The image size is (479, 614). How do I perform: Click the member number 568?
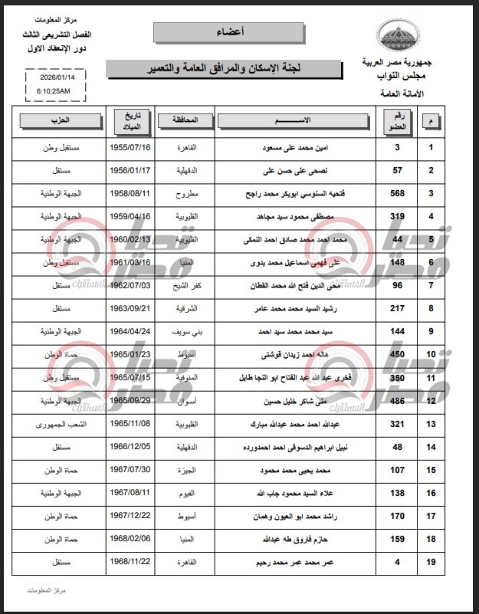pos(398,193)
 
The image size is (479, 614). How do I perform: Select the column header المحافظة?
pos(184,120)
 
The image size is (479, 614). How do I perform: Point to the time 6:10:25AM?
pos(53,90)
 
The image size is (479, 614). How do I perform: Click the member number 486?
pos(398,401)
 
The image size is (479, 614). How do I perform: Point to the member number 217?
pos(398,309)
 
